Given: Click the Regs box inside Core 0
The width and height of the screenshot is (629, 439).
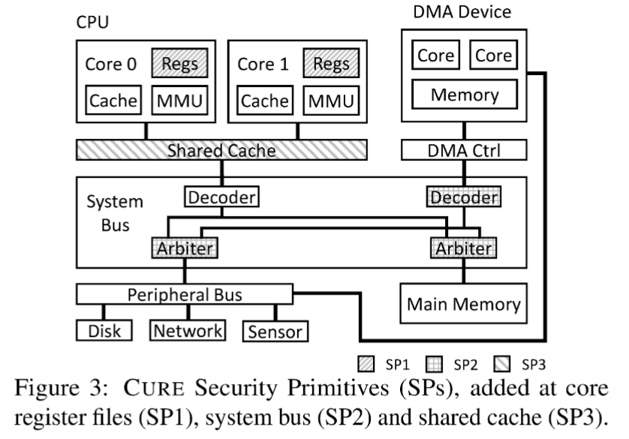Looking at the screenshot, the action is click(x=179, y=63).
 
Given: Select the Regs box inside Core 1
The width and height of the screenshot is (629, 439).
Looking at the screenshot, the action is click(x=331, y=63).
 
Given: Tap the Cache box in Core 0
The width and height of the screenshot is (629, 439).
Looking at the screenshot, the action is click(x=113, y=100).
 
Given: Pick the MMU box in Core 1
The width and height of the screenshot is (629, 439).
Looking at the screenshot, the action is click(x=331, y=101).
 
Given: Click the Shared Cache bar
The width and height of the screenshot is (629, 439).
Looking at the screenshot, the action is click(x=222, y=150).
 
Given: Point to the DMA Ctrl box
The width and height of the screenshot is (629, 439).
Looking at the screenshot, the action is click(x=464, y=150).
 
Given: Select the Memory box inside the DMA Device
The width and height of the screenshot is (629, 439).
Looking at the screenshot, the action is click(x=465, y=95).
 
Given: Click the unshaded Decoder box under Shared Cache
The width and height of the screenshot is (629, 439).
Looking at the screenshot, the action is click(x=222, y=197).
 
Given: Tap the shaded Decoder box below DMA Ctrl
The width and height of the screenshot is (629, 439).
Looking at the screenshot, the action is click(x=464, y=197).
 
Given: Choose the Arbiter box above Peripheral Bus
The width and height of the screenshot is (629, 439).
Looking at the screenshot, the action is click(x=185, y=248).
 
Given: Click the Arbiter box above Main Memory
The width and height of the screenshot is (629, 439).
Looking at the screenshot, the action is click(x=464, y=248).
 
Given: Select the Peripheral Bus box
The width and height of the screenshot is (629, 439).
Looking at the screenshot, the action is click(x=185, y=294).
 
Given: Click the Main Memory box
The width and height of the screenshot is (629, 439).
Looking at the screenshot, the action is click(x=464, y=303).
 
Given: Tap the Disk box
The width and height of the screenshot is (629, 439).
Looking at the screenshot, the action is click(x=104, y=331).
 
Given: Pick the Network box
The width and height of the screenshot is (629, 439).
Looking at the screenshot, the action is click(x=188, y=331).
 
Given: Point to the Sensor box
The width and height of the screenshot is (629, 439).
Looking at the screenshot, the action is click(x=275, y=331).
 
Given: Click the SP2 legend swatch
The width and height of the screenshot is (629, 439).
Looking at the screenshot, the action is click(x=434, y=365).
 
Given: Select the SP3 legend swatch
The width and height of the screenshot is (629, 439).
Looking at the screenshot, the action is click(x=502, y=365).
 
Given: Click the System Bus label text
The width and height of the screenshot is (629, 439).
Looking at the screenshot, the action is click(x=115, y=213).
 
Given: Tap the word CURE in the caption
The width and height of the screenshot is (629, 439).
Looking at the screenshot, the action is click(x=154, y=388).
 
